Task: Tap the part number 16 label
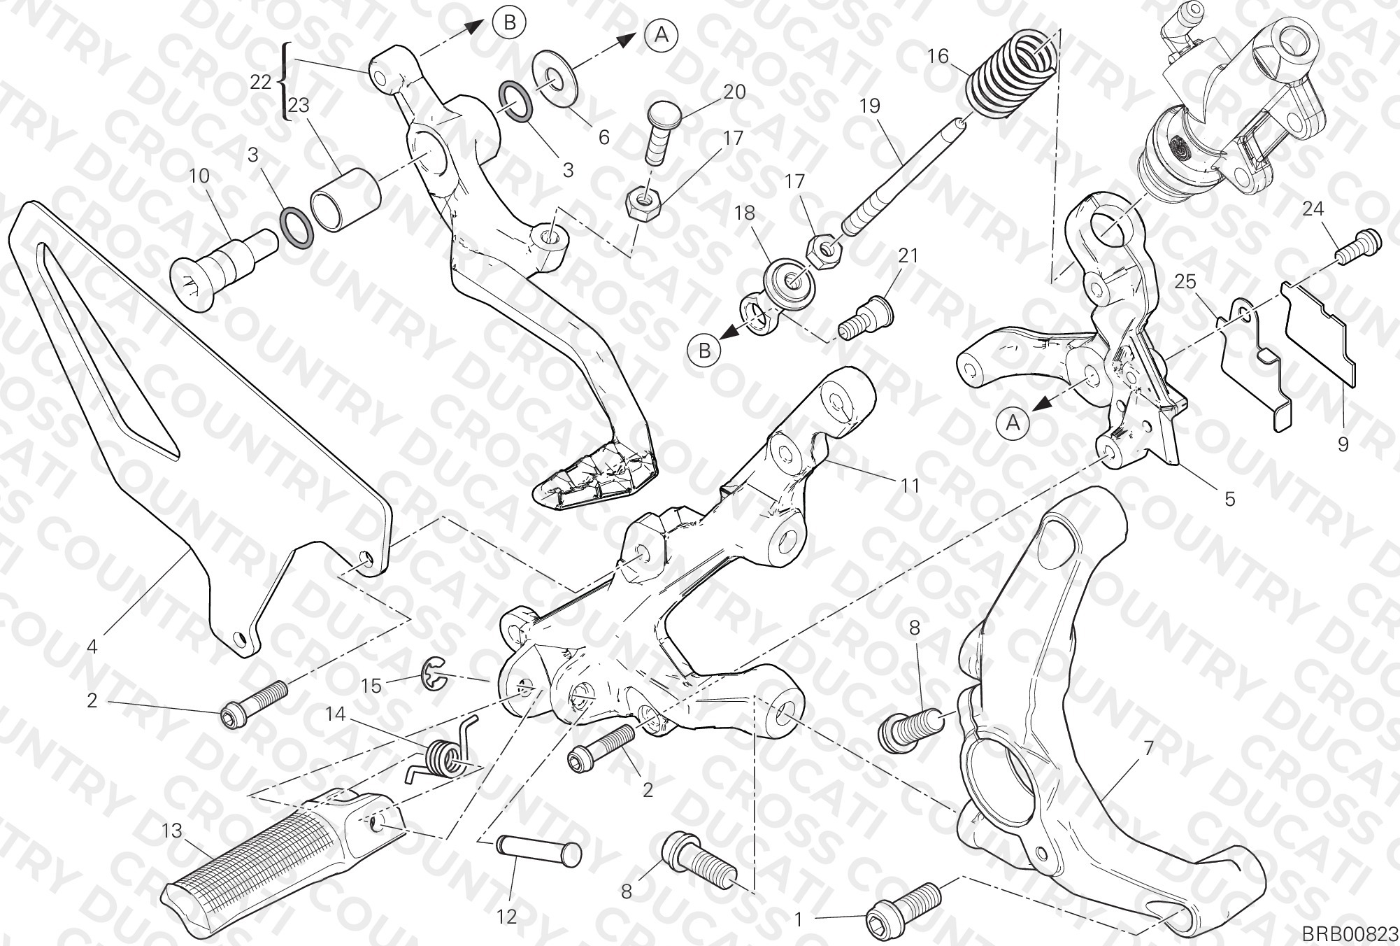tap(938, 55)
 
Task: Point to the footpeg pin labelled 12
tap(538, 850)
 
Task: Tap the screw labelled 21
tap(865, 319)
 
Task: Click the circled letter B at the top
tap(510, 23)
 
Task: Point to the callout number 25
tap(1185, 281)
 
